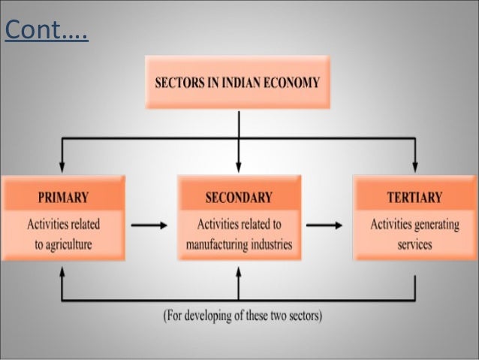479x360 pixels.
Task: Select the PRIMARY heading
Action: point(63,198)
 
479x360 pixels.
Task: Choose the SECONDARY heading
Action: point(239,198)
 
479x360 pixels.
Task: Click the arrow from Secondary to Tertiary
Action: point(325,225)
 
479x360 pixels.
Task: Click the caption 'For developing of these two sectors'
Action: point(243,316)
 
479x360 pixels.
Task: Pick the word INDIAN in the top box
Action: point(238,83)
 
